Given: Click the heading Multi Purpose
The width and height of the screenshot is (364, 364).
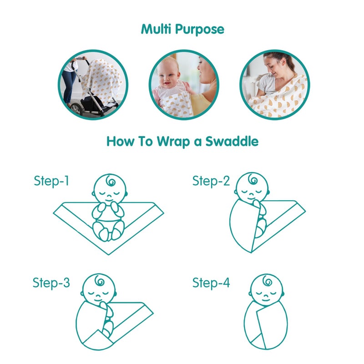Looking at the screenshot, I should (x=182, y=30).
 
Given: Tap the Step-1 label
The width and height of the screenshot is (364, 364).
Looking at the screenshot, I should (x=51, y=181).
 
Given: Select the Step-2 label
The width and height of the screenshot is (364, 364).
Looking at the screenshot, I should (x=211, y=181).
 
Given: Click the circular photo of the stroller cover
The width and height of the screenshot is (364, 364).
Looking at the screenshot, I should (x=93, y=85).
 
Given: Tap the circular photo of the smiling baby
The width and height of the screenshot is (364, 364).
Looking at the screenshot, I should (x=183, y=85).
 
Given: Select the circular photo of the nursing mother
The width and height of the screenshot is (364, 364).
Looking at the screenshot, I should (x=274, y=85).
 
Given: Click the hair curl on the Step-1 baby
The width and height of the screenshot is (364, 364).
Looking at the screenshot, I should (x=111, y=182).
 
